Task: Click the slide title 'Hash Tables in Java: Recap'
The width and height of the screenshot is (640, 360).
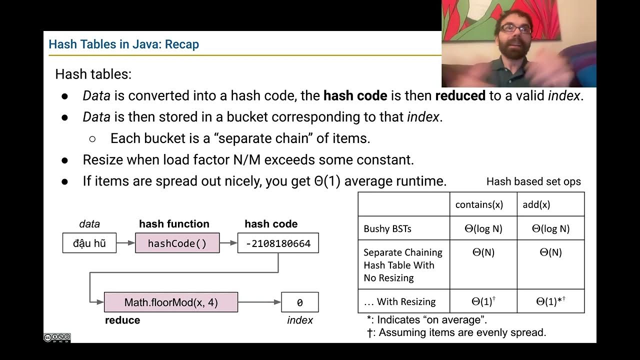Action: click(123, 44)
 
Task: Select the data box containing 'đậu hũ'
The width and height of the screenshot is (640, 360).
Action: click(89, 243)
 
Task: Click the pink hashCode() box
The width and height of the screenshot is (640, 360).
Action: click(177, 243)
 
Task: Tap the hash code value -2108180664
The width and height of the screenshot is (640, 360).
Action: click(278, 243)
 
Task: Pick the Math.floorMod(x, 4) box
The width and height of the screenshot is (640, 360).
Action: click(170, 302)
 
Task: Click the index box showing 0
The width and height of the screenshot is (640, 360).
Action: click(299, 302)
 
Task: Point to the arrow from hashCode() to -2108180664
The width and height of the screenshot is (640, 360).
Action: click(228, 243)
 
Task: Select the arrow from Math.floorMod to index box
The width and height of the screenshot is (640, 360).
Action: click(259, 302)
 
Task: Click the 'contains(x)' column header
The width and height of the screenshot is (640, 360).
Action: click(479, 204)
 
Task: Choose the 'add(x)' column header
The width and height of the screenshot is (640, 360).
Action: click(536, 204)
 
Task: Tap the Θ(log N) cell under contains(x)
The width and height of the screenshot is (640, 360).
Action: click(483, 228)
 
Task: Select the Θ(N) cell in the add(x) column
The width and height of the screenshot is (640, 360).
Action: click(550, 252)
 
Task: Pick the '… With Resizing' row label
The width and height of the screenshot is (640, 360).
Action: click(399, 301)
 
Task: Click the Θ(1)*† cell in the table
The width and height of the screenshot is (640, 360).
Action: click(550, 301)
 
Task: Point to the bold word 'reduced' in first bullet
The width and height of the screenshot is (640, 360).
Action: click(460, 95)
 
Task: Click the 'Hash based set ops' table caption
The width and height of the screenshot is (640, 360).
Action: click(533, 181)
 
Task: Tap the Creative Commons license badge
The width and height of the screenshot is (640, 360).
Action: click(57, 338)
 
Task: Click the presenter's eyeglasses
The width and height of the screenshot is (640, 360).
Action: click(515, 29)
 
